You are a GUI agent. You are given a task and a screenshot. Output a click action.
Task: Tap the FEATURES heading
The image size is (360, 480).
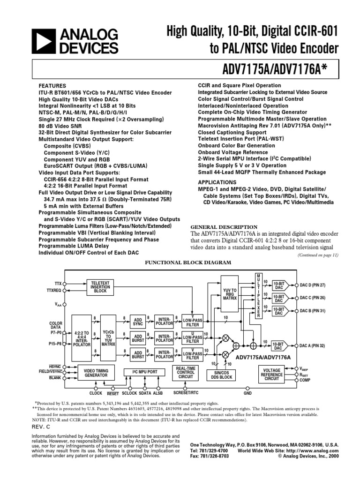click(52, 86)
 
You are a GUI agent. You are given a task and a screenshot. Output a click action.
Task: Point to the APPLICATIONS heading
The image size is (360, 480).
click(217, 182)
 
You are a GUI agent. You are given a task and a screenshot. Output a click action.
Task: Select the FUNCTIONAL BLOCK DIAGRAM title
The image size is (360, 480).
click(180, 263)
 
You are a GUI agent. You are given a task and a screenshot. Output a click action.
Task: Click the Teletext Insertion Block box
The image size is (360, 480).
click(101, 286)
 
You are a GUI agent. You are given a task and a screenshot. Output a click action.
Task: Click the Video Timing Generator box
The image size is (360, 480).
click(96, 373)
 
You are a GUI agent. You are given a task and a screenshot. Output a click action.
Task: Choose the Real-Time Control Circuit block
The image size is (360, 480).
click(186, 373)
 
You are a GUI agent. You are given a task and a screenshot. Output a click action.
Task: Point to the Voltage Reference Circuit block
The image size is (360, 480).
click(272, 374)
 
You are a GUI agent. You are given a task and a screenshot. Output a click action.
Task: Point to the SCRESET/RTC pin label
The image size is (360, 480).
click(186, 393)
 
